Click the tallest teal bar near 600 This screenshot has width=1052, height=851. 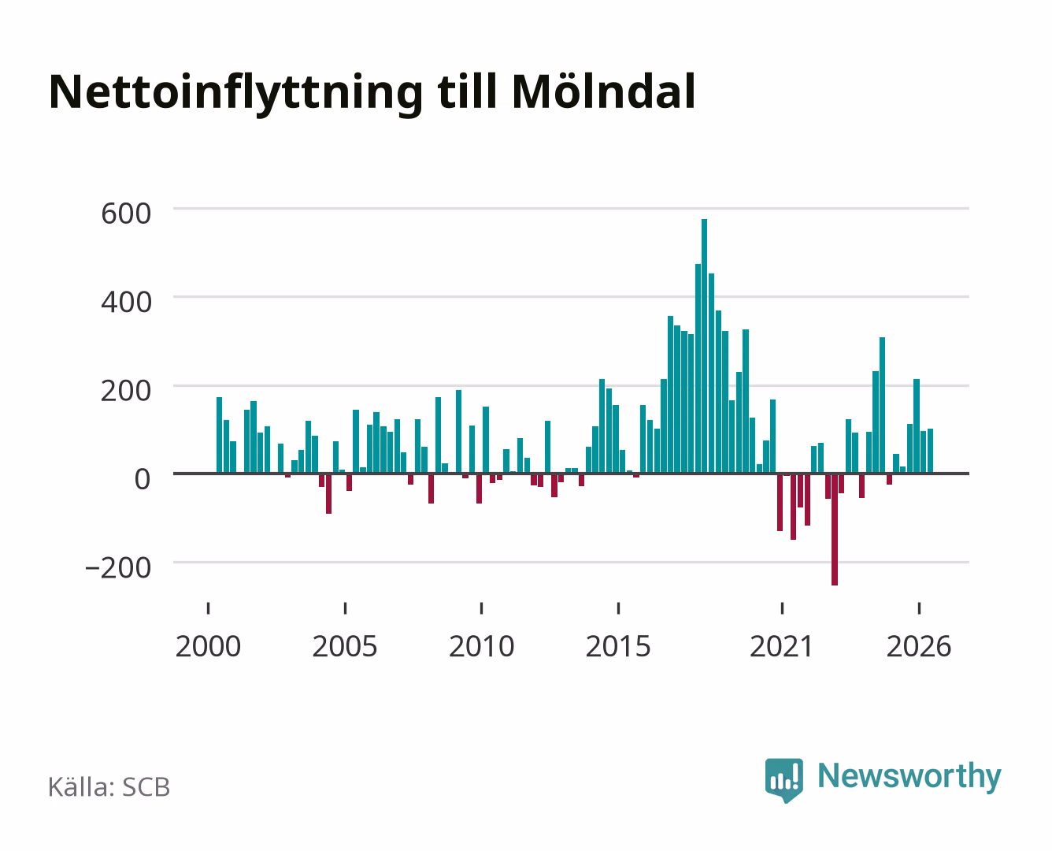[704, 346]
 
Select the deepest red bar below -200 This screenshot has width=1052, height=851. [834, 530]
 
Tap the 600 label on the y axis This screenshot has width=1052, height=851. [126, 214]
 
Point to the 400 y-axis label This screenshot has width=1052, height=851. [126, 302]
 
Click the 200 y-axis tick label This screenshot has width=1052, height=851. [126, 390]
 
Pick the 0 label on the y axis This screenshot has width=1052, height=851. [143, 479]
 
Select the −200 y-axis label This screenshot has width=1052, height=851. [118, 567]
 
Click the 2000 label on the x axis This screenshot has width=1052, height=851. [208, 646]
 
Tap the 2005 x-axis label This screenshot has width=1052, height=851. [345, 646]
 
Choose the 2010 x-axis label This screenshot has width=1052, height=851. [482, 646]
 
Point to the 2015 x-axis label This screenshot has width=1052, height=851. [618, 646]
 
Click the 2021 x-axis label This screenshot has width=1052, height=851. [781, 646]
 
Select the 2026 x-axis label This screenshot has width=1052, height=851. [919, 646]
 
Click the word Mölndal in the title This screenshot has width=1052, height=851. [603, 91]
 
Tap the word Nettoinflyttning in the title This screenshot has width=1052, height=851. [236, 95]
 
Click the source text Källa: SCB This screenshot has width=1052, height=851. [109, 786]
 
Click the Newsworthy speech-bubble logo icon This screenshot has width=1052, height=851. [783, 780]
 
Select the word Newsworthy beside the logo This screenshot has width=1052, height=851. [909, 776]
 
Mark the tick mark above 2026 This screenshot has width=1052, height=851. [919, 608]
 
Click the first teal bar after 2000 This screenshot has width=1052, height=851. [219, 435]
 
